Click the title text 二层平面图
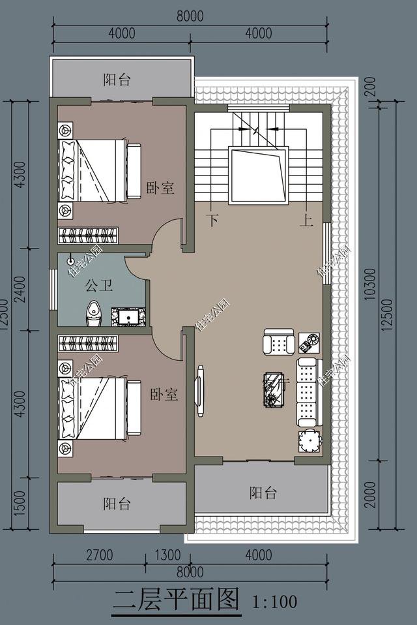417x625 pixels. click(x=176, y=598)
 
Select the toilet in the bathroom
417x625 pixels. click(x=94, y=313)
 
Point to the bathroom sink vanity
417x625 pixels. click(x=128, y=316)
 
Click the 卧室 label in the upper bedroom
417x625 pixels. click(x=160, y=188)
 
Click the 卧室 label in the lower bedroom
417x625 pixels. click(x=164, y=395)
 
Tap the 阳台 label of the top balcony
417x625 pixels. click(x=117, y=80)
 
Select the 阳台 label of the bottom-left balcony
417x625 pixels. click(x=117, y=503)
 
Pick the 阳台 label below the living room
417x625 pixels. click(x=263, y=492)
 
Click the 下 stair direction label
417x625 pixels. click(x=212, y=220)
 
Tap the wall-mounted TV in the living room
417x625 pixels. click(x=200, y=391)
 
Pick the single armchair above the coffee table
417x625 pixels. click(x=279, y=342)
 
